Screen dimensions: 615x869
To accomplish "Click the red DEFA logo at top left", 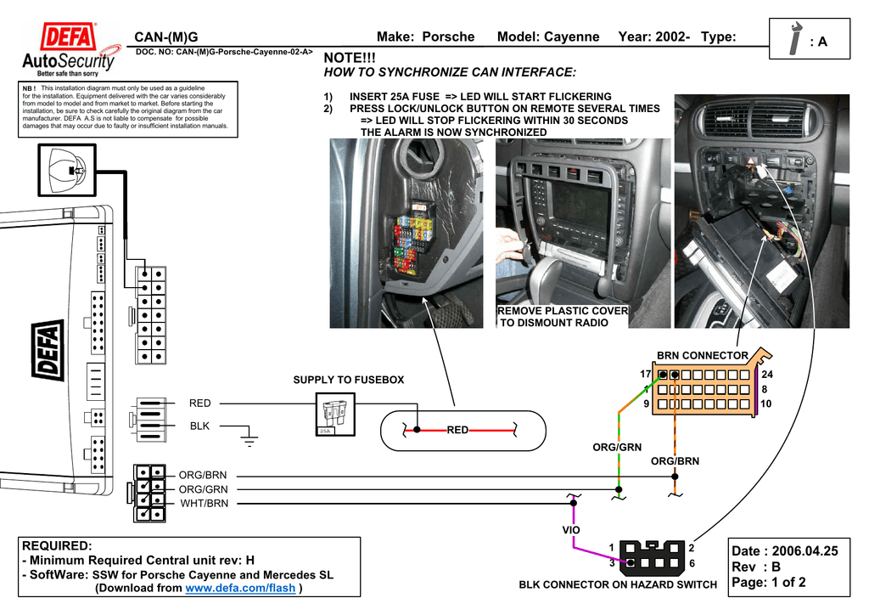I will (x=69, y=37).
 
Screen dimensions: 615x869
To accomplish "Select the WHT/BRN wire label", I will (x=204, y=504).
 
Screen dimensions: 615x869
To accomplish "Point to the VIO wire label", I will (x=571, y=530).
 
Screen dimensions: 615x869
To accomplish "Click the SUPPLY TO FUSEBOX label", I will (x=349, y=380).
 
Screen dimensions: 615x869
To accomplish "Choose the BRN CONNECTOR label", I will (x=703, y=355).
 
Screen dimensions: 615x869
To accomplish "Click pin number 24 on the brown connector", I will (x=768, y=375).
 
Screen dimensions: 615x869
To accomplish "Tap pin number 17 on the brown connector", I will (x=646, y=375).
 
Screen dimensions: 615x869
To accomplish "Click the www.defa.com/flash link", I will (x=240, y=588).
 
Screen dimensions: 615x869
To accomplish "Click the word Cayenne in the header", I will (x=572, y=37).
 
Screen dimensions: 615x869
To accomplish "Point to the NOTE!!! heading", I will (x=350, y=56).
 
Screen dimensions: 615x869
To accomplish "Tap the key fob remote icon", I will (x=72, y=171).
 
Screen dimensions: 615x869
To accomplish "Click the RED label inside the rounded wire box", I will (x=458, y=431).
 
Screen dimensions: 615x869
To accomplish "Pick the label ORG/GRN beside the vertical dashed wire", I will (x=617, y=447).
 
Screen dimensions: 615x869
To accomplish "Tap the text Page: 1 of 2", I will (x=768, y=583).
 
